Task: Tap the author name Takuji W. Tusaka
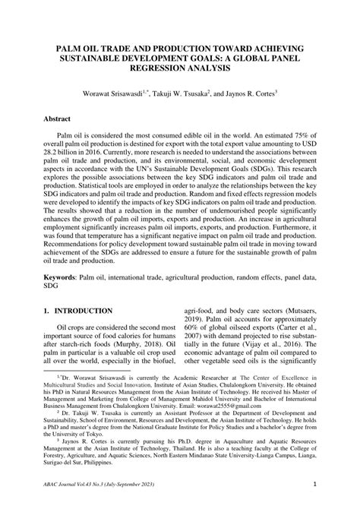coord(190,93)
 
